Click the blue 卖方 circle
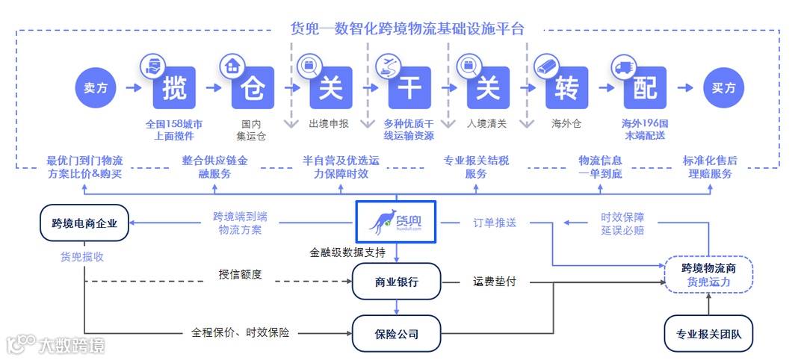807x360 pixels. (x=96, y=88)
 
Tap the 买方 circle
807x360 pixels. (x=723, y=88)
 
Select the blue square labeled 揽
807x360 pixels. (x=174, y=88)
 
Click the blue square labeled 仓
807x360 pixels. (x=253, y=88)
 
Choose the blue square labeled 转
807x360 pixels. (x=566, y=88)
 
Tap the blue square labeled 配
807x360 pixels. (x=645, y=88)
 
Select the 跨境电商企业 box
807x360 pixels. (x=84, y=222)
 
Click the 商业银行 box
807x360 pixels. (x=397, y=282)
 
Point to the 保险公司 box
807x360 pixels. (x=397, y=333)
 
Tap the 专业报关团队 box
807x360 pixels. (x=708, y=333)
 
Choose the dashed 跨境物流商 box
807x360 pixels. (x=708, y=274)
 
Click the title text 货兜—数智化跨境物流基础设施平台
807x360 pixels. (x=407, y=29)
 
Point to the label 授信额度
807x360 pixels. (x=240, y=274)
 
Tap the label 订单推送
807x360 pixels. (x=495, y=223)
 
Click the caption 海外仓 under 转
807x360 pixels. (x=566, y=123)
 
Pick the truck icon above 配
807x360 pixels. (x=622, y=67)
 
